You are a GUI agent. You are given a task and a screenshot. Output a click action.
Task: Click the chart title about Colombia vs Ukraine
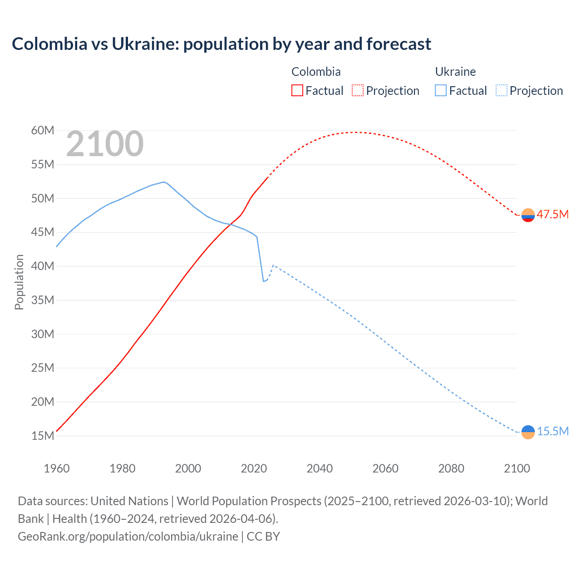[x=222, y=44]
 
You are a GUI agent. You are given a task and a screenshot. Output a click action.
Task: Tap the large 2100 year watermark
[x=105, y=144]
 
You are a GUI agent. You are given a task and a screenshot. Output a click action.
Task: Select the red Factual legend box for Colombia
[x=297, y=90]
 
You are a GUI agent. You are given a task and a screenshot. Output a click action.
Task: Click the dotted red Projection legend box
[x=358, y=90]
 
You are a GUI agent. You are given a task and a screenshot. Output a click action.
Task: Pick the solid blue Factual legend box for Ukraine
[x=441, y=90]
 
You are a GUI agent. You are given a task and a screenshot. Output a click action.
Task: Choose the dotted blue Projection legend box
[x=502, y=90]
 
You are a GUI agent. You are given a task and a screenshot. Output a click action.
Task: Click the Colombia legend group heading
[x=316, y=72]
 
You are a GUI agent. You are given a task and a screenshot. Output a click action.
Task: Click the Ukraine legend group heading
[x=455, y=72]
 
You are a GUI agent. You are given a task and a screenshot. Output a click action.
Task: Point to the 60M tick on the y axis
[x=43, y=131]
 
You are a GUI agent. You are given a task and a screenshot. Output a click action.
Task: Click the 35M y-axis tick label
[x=43, y=300]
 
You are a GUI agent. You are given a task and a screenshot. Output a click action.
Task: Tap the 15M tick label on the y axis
[x=43, y=436]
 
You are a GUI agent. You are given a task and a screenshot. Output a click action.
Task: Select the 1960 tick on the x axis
[x=57, y=468]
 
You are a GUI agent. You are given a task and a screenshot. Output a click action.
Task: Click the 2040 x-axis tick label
[x=320, y=468]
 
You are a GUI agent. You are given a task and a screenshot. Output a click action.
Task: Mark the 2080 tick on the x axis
[x=451, y=468]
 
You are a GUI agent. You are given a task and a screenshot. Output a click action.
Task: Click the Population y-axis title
[x=19, y=282]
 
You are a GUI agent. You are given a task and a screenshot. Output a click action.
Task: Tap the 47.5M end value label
[x=552, y=214]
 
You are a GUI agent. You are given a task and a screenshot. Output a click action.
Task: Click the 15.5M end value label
[x=552, y=431]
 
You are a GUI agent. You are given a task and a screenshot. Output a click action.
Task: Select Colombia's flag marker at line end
[x=528, y=215]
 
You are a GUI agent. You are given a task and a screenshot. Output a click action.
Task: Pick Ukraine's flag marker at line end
[x=528, y=432]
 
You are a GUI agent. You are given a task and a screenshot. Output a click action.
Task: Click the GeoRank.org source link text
[x=128, y=537]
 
